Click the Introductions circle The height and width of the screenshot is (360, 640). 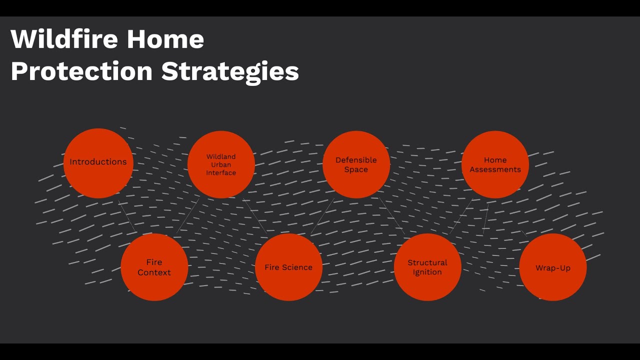tap(98, 163)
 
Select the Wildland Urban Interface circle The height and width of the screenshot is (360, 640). tap(221, 164)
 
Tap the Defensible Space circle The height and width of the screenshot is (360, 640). tap(356, 164)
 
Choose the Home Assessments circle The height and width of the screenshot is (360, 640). tap(495, 164)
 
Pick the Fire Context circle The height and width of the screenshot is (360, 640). tap(154, 267)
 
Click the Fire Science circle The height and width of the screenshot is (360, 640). tap(288, 267)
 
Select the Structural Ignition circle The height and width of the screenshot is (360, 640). tap(427, 267)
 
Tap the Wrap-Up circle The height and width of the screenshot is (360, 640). tap(553, 267)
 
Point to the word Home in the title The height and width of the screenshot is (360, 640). tap(165, 39)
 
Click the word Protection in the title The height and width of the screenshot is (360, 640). tap(81, 71)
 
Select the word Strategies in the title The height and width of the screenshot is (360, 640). tap(230, 72)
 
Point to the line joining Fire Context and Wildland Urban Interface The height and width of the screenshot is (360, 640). tap(188, 215)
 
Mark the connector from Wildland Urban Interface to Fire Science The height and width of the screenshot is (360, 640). tap(255, 216)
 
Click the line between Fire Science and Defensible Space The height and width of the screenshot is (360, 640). tap(322, 216)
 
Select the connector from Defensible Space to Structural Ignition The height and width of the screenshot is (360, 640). tap(391, 216)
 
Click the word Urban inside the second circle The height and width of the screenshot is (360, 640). tap(221, 164)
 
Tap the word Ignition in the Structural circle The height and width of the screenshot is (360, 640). tap(427, 272)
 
